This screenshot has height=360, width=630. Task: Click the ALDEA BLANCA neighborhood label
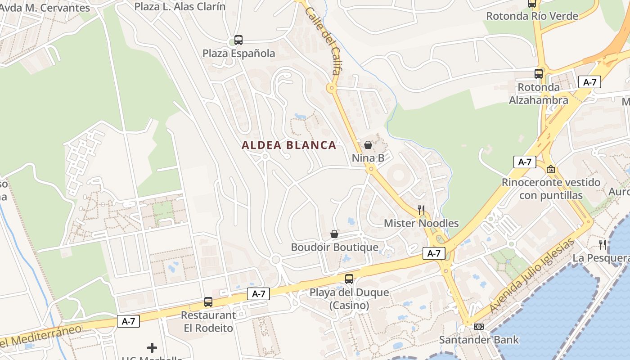coord(289,145)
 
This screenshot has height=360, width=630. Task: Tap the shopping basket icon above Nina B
coord(368,145)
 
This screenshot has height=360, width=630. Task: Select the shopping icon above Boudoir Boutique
coord(334,234)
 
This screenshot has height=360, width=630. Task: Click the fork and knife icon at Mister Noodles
coord(421,210)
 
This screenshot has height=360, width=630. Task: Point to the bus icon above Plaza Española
coord(238,40)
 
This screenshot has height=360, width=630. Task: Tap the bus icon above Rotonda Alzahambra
coord(538,74)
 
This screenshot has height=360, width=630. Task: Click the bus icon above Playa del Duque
coord(349,279)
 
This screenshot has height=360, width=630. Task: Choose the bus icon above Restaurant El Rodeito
coord(208,302)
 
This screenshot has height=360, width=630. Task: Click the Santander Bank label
coord(479,340)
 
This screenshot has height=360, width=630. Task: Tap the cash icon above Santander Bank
coord(479,327)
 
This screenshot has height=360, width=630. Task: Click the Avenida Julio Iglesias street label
coord(532,275)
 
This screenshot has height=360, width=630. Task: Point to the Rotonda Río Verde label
coord(532,16)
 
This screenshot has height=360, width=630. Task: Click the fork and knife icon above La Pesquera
coord(602,245)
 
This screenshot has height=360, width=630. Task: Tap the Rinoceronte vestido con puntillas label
coord(551,189)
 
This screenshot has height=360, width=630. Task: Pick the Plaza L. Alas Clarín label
coord(180,6)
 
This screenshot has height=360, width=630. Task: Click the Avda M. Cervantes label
coord(45,8)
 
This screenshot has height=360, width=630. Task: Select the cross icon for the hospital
coord(152,348)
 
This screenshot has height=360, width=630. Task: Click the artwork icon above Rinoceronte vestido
coord(550,169)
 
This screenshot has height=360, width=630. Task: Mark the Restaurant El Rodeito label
coord(208,321)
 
